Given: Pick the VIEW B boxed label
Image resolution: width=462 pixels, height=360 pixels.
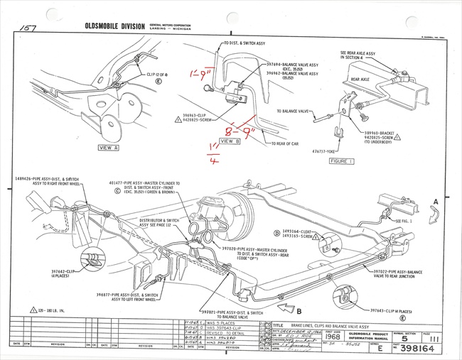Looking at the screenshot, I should coord(230,141).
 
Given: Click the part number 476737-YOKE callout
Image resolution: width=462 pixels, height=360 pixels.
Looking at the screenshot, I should coord(318,151).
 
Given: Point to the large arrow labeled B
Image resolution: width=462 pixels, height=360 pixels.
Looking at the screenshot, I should coord(286,307).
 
